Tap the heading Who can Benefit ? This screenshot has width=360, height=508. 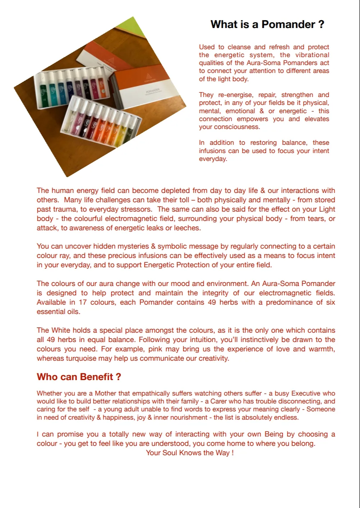click(79, 377)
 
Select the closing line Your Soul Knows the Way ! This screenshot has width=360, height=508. click(190, 453)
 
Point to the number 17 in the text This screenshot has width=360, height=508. click(83, 302)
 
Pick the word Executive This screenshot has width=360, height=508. click(306, 393)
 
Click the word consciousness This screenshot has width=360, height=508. click(230, 127)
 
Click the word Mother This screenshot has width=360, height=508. click(105, 393)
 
